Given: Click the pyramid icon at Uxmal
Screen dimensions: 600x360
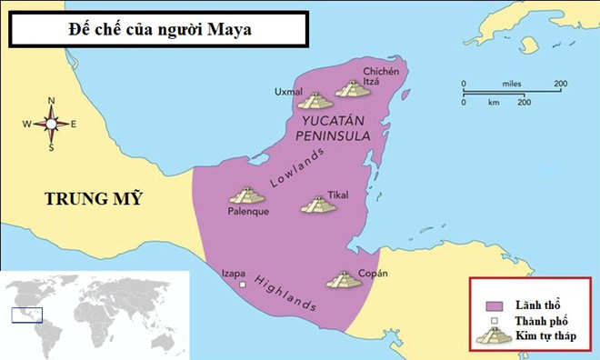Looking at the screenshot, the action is pos(315,100).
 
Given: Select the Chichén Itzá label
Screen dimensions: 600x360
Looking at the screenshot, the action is pos(378,76).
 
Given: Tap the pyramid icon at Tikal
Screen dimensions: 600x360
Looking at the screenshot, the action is pos(318,205).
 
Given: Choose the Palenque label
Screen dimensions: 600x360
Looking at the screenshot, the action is pos(246,213).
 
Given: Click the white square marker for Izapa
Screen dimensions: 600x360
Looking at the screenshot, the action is pos(243,285).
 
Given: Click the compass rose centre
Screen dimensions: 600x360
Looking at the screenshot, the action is pos(51,124).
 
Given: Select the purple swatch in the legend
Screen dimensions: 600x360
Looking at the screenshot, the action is pos(495,305).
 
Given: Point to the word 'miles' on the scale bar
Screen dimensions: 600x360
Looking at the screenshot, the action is pos(509,85).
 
